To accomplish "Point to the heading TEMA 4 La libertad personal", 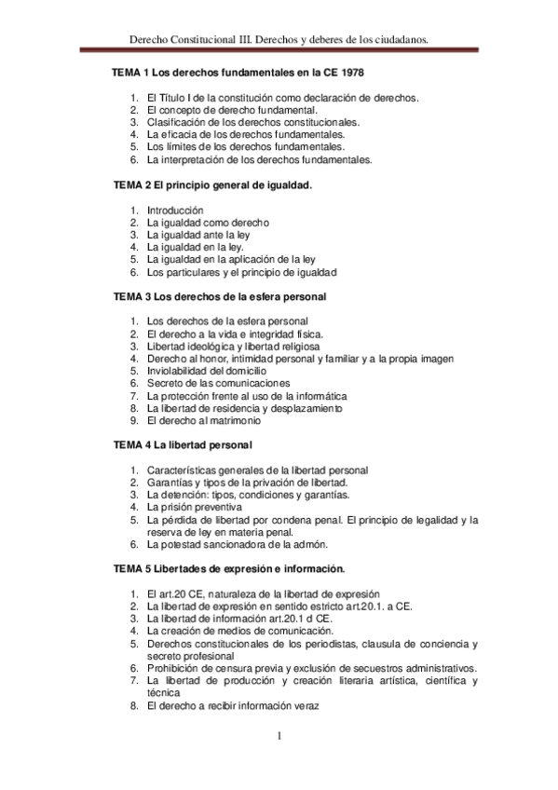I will [x=182, y=445].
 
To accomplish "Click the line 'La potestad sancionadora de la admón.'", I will [x=239, y=544].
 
